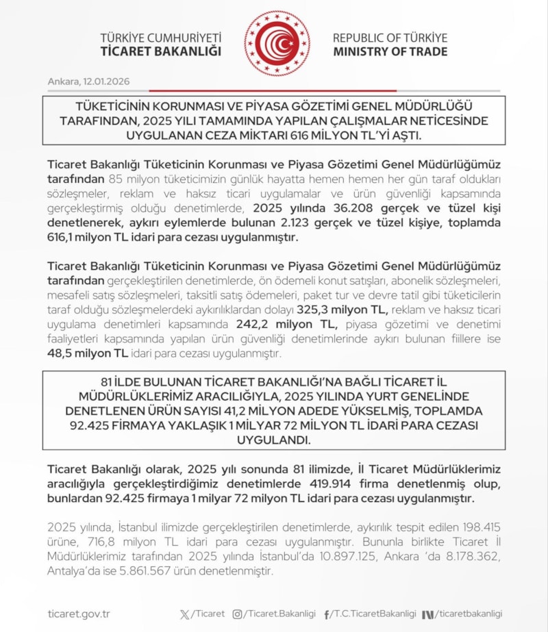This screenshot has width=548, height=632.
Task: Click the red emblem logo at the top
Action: (277, 43)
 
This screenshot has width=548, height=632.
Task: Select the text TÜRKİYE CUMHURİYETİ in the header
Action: (161, 38)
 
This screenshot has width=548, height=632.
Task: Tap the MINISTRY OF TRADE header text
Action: (390, 51)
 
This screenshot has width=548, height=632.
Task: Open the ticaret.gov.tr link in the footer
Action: (79, 614)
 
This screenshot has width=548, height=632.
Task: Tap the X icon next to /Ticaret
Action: (184, 614)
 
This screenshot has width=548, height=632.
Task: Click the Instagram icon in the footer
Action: (238, 614)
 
